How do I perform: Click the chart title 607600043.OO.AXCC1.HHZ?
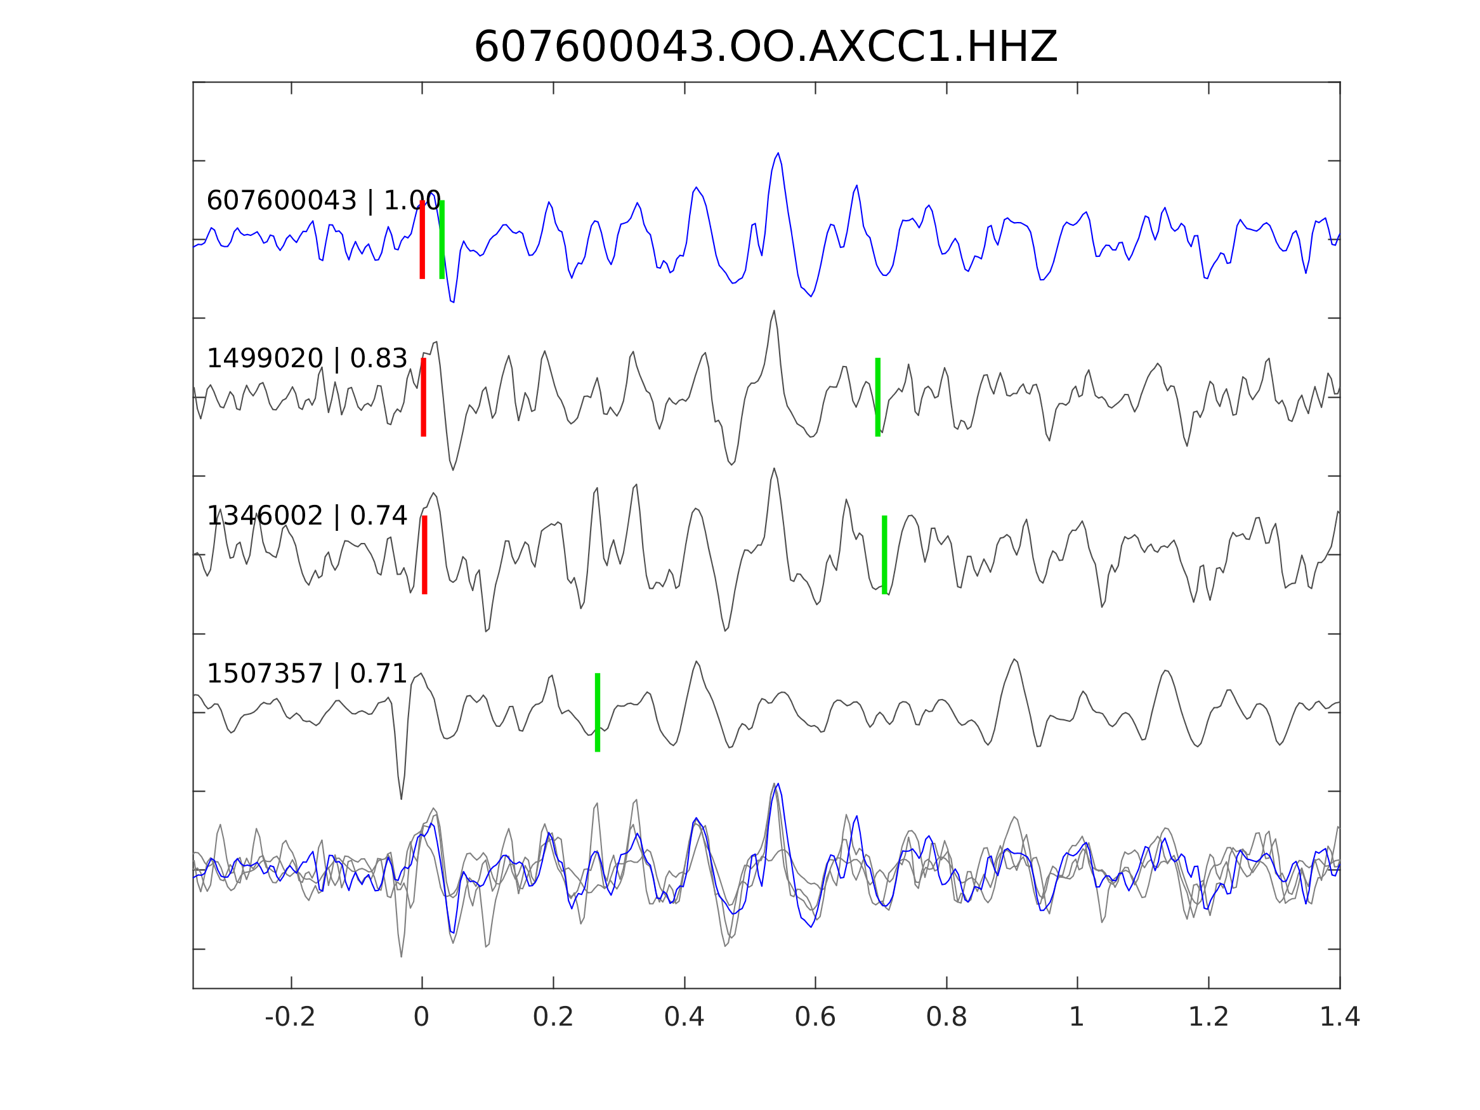(x=766, y=48)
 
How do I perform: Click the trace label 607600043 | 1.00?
(x=324, y=200)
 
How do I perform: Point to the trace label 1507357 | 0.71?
(x=307, y=674)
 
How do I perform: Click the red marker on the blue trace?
(x=422, y=240)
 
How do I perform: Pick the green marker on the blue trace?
(x=442, y=240)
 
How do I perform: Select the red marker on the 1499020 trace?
(x=424, y=398)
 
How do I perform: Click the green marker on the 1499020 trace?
(x=878, y=398)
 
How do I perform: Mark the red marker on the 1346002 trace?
(x=424, y=554)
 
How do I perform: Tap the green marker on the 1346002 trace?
(x=884, y=554)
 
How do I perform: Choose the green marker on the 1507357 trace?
(x=598, y=712)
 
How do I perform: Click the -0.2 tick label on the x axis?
(x=290, y=1017)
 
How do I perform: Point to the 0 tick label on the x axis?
(x=421, y=1017)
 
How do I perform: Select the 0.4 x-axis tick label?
(x=684, y=1017)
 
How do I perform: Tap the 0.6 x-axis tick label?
(x=815, y=1017)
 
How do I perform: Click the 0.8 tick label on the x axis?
(x=946, y=1017)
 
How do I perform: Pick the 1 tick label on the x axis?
(x=1077, y=1017)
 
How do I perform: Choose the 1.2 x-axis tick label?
(x=1208, y=1017)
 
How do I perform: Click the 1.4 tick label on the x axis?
(x=1340, y=1017)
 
